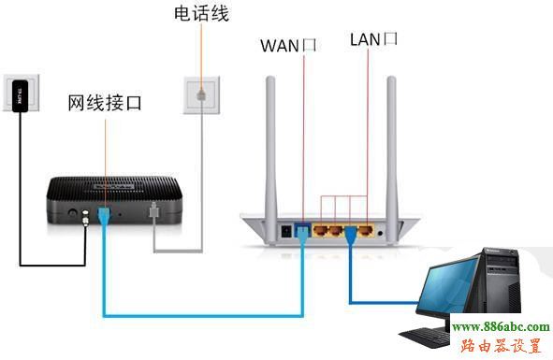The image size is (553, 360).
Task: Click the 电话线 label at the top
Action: click(201, 15)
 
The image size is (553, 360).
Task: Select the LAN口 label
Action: click(373, 39)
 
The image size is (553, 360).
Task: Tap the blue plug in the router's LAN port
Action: click(352, 232)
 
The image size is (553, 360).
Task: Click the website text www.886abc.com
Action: click(501, 326)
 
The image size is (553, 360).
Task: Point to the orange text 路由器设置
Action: click(502, 345)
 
